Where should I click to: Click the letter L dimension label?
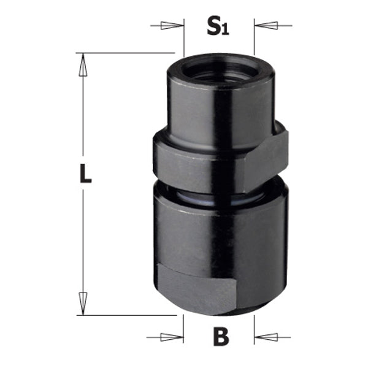coord(85,175)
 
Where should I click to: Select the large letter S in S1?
coord(213,26)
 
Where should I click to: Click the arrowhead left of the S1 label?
coord(174,26)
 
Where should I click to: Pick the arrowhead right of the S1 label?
coord(265,26)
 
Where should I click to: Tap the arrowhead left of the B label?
coord(174,336)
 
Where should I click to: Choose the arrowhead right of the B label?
coord(265,336)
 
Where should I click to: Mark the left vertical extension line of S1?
coord(184,37)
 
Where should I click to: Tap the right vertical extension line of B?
coord(255,325)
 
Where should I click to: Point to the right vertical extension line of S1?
coord(255,37)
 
